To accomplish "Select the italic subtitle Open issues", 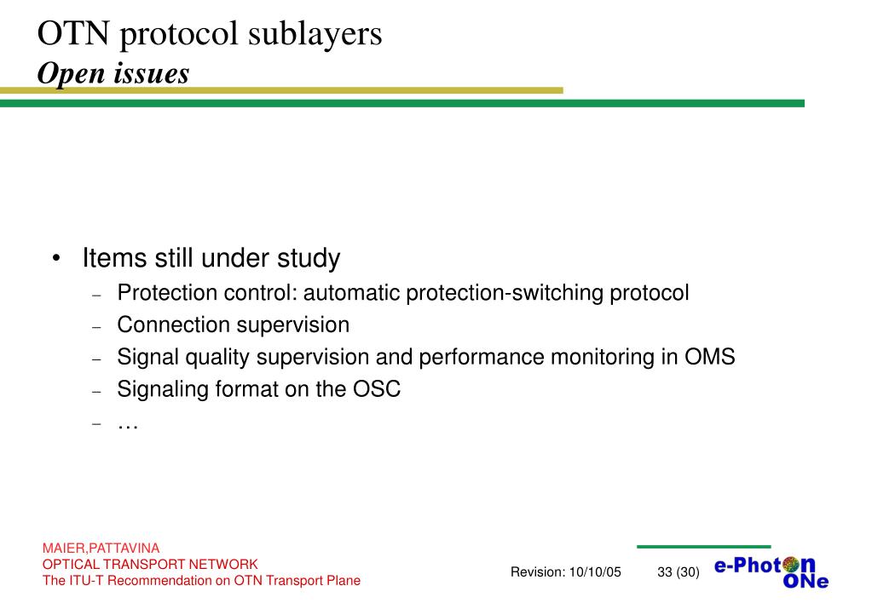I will tap(113, 74).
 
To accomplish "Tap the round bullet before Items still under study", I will tap(55, 258).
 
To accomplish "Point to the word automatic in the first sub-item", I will tap(351, 293).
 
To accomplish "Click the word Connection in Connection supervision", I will tap(173, 325).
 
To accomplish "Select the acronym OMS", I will tap(709, 357).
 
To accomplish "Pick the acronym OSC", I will tap(376, 389).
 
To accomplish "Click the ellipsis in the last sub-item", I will tap(128, 423).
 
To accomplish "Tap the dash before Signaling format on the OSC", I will tap(96, 391).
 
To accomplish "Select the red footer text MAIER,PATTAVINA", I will tap(101, 548).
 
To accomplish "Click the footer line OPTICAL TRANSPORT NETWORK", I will tap(150, 564).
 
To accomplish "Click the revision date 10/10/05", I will tap(595, 572).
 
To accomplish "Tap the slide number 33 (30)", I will tap(679, 572).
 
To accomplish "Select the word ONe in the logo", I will tap(805, 583).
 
